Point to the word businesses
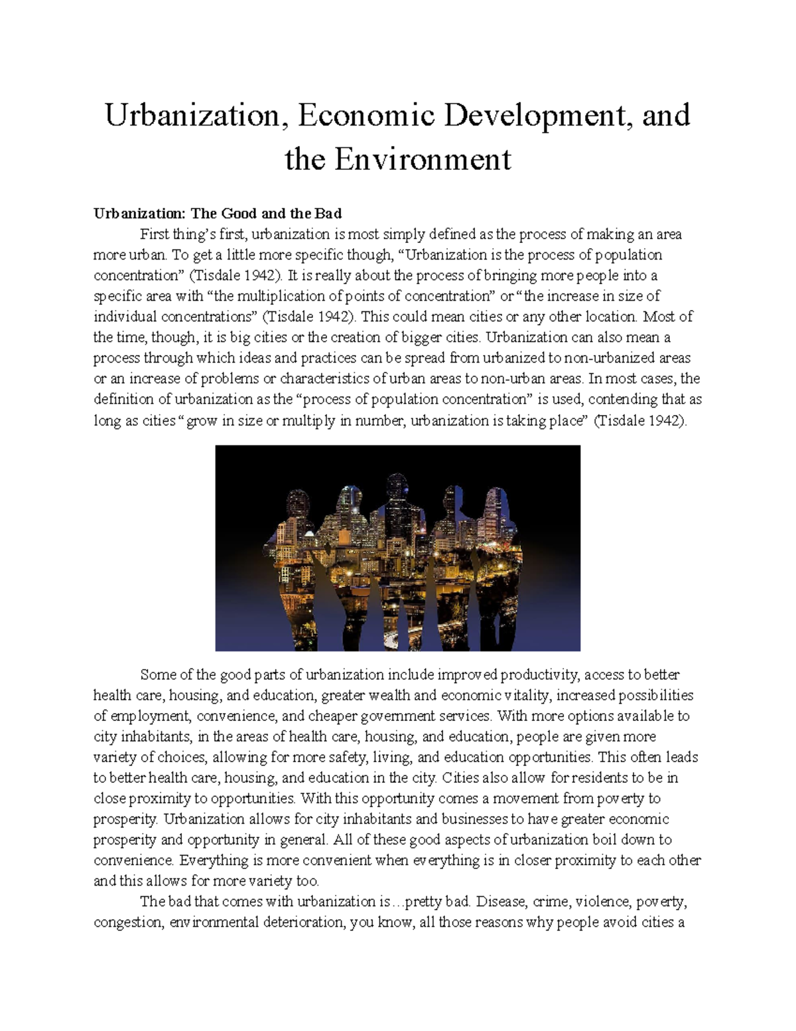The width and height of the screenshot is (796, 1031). [474, 819]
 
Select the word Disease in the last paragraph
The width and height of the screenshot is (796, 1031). [502, 902]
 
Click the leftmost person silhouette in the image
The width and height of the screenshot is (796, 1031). [292, 551]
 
